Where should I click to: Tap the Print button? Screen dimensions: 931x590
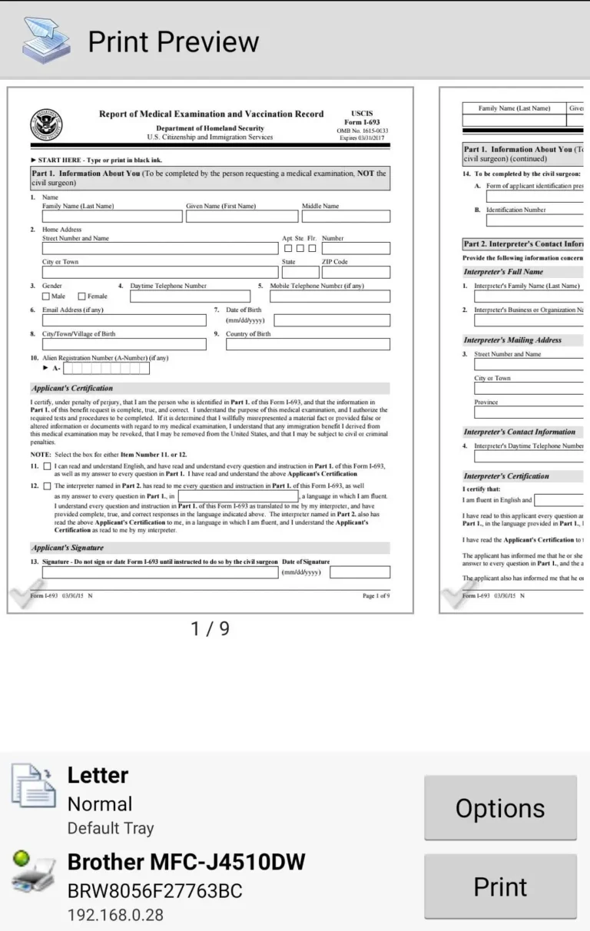point(500,886)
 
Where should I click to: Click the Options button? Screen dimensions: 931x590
point(500,807)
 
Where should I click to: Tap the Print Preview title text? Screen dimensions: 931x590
point(173,41)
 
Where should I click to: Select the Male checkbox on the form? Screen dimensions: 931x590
point(46,297)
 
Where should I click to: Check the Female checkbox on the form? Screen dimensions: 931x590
point(82,297)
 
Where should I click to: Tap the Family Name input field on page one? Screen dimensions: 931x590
point(111,217)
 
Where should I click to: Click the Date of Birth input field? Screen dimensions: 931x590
point(331,320)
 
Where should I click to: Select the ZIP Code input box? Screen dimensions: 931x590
point(356,272)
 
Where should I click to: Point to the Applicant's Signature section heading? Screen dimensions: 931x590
point(68,548)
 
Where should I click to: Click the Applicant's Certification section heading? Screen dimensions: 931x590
point(72,389)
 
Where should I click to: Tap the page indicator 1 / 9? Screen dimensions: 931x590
point(210,628)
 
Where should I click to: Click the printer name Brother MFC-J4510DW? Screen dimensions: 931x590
point(186,862)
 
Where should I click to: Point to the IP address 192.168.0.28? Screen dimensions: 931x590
point(115,915)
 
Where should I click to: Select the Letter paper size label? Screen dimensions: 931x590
point(98,775)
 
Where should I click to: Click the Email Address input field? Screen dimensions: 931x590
point(124,320)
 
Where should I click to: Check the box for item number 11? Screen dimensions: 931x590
point(48,466)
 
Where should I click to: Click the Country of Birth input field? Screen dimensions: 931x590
point(307,344)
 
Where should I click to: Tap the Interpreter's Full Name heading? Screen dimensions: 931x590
point(503,272)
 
